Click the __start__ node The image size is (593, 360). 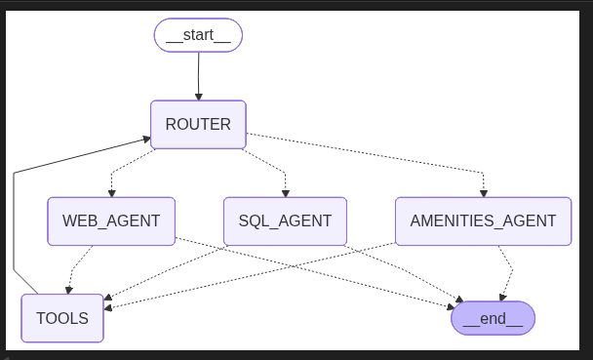point(198,36)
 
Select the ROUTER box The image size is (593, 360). point(198,125)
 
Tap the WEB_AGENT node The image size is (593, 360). point(111,221)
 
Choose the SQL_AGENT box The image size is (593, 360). point(285,221)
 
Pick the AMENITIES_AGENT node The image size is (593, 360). point(483,221)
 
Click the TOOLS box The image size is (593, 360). point(62,318)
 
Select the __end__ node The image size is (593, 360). point(493,318)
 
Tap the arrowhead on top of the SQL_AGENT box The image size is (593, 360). point(285,192)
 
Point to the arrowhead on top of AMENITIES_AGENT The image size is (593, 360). point(483,192)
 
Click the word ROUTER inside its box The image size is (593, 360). point(198,125)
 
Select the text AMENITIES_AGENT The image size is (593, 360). point(483,221)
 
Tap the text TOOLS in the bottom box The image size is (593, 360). point(62,318)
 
